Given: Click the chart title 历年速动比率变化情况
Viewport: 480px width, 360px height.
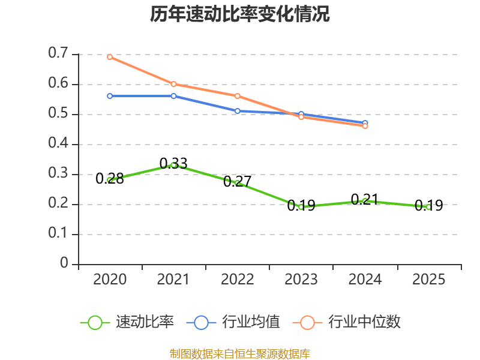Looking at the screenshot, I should pyautogui.click(x=240, y=14).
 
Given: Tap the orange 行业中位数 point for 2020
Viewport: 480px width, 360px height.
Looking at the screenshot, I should pyautogui.click(x=110, y=57).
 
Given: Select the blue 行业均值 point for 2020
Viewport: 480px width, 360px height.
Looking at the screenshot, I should pyautogui.click(x=110, y=96).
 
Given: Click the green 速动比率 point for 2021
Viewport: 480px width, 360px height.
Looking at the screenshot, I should pyautogui.click(x=173, y=165).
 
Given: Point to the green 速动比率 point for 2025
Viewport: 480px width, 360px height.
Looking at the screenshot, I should pyautogui.click(x=428, y=207).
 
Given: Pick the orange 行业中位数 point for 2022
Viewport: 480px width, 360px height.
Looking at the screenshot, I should pyautogui.click(x=238, y=96).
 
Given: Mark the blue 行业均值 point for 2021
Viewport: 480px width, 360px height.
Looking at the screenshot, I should pyautogui.click(x=173, y=96).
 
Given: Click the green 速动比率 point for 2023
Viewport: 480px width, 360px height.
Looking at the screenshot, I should pyautogui.click(x=301, y=207).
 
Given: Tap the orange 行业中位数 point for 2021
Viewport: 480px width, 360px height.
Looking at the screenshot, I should pyautogui.click(x=173, y=84).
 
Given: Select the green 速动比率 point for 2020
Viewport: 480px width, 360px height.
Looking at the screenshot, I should pyautogui.click(x=110, y=180).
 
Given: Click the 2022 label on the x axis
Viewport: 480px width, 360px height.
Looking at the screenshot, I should pyautogui.click(x=238, y=280).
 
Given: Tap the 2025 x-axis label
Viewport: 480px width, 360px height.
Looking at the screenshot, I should pyautogui.click(x=428, y=280).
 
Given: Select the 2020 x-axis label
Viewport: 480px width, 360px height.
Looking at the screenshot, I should pyautogui.click(x=110, y=280).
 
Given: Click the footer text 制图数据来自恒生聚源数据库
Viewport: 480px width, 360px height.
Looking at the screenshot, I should pyautogui.click(x=240, y=353).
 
